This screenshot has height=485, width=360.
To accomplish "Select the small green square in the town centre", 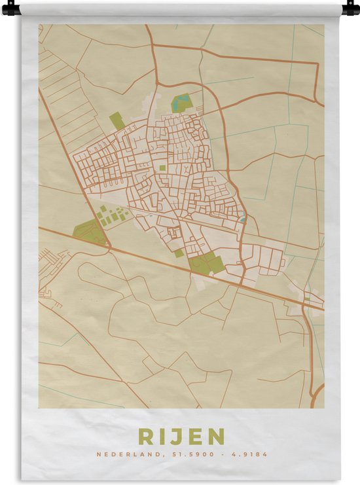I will [x=162, y=168].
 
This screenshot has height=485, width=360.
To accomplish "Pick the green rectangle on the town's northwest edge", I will [x=117, y=120].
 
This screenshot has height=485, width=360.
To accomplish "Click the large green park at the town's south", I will [x=207, y=263].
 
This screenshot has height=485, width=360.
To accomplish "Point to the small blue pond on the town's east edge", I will [x=243, y=220].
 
